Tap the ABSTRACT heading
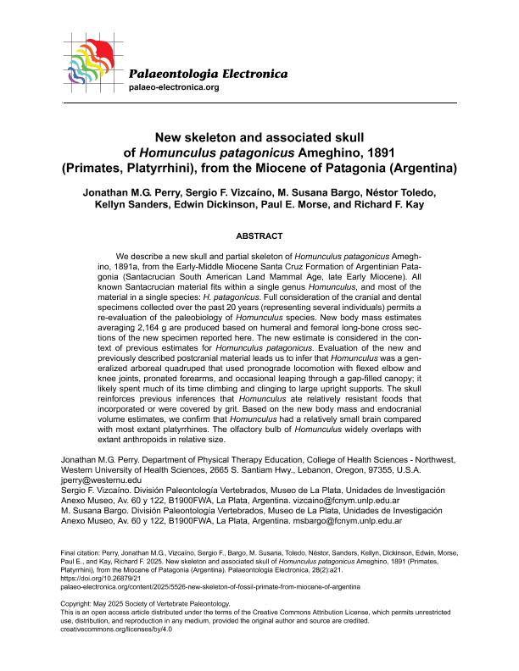click(x=259, y=235)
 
